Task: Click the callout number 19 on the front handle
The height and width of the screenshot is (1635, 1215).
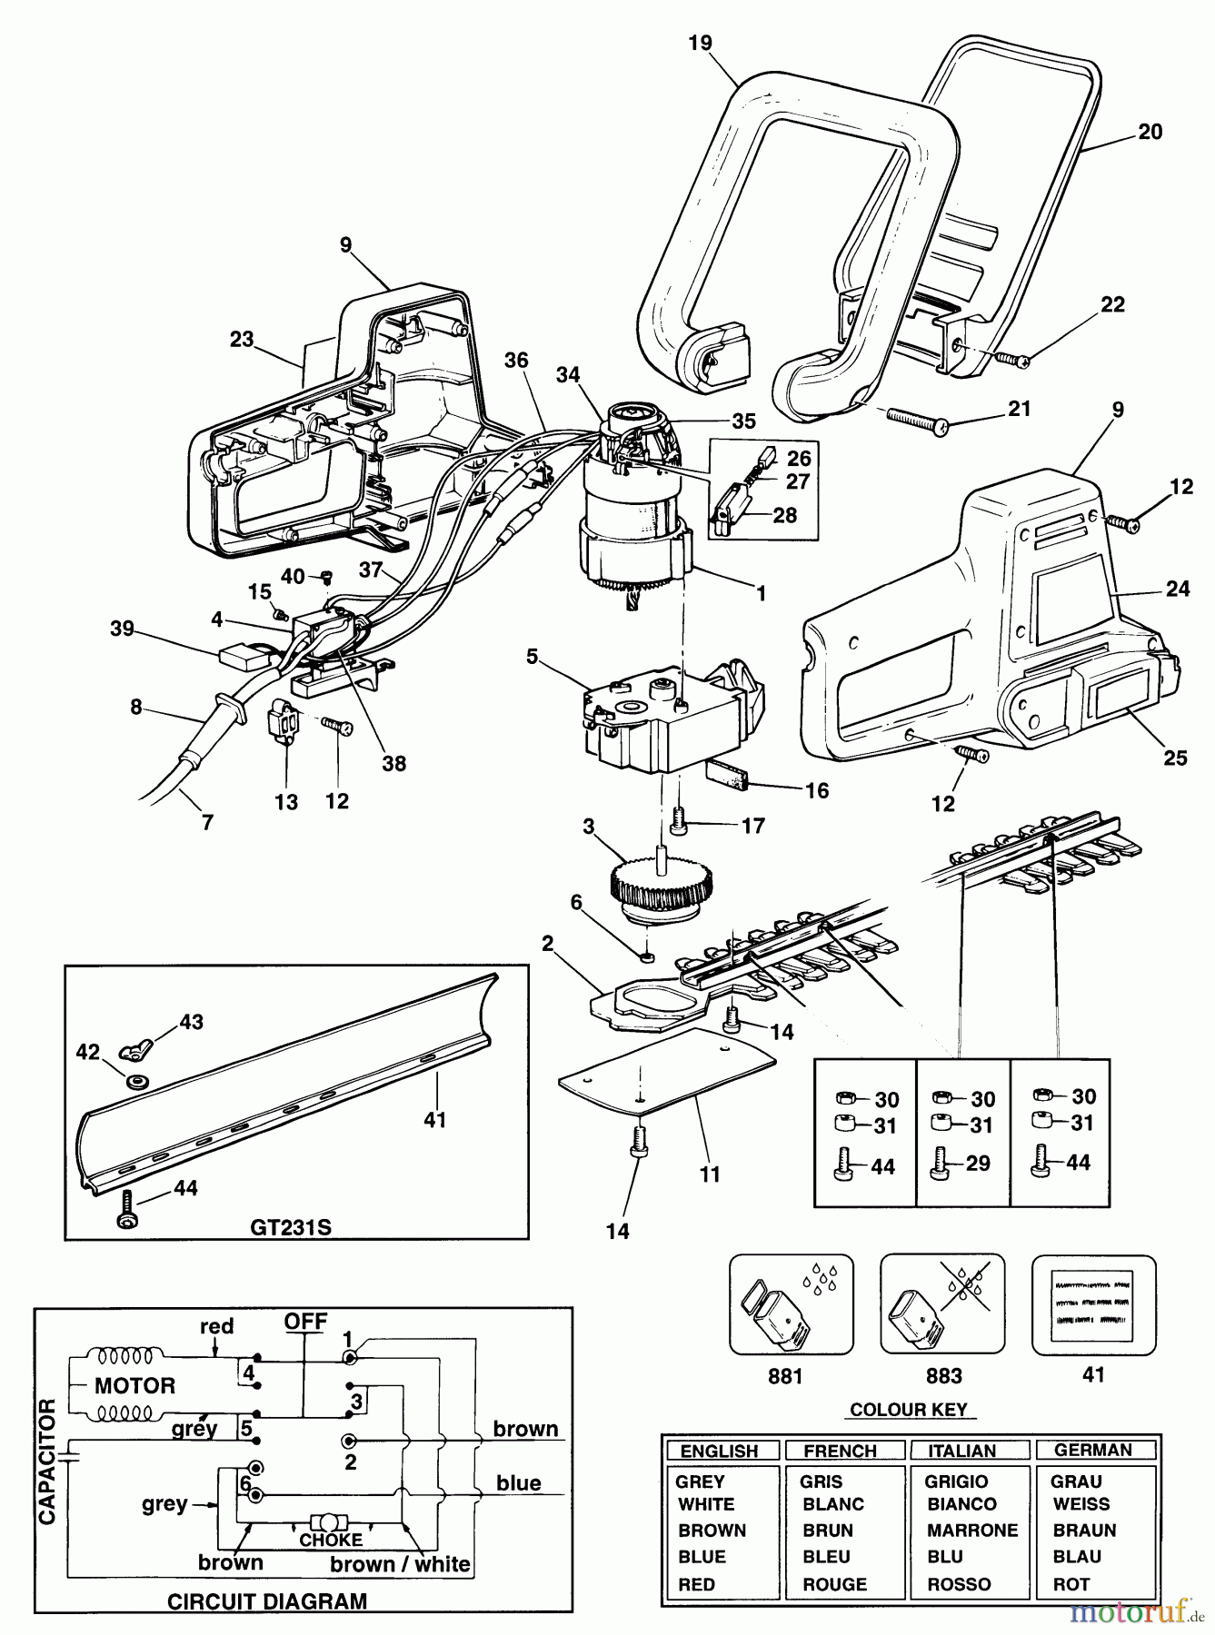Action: (x=700, y=43)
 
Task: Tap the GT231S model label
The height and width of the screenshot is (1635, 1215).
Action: (x=290, y=1228)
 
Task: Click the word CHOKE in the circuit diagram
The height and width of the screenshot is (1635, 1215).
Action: (x=330, y=1541)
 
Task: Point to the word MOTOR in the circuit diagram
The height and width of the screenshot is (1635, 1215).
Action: (x=134, y=1386)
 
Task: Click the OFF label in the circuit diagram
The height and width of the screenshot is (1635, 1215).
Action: (x=305, y=1322)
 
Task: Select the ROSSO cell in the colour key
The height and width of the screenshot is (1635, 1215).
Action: (x=959, y=1584)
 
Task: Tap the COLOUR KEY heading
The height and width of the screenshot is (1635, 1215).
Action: (x=909, y=1410)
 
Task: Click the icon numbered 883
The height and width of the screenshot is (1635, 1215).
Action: (x=942, y=1305)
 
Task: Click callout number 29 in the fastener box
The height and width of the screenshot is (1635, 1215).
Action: (x=978, y=1164)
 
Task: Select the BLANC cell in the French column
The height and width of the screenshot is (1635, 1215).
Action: (x=832, y=1504)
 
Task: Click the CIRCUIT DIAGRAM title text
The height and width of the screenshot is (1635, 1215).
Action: (x=267, y=1600)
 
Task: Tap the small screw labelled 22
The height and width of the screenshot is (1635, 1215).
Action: (x=1012, y=359)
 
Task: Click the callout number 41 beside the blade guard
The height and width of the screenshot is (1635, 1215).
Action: (x=434, y=1119)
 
